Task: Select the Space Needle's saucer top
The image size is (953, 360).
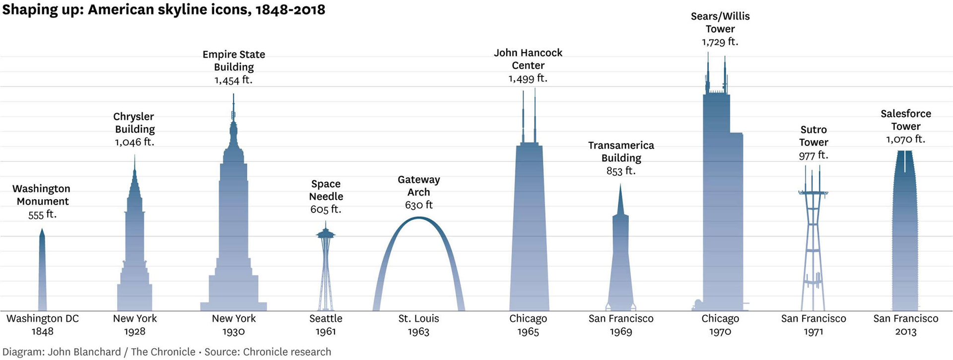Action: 326,234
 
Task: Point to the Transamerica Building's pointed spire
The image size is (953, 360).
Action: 620,201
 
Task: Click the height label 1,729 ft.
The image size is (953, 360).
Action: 720,42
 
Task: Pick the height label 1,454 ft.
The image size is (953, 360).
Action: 233,80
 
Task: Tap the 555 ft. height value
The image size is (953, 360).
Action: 42,215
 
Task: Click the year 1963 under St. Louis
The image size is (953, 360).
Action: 418,332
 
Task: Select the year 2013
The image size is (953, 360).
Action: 905,332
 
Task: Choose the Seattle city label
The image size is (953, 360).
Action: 326,319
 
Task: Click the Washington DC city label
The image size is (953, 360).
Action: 42,319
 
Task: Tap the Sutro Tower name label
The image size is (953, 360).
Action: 813,136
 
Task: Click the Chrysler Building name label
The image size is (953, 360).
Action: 134,123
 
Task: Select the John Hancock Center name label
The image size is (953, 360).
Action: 528,59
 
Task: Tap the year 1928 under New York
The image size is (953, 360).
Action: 135,332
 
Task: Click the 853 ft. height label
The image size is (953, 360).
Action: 620,171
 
